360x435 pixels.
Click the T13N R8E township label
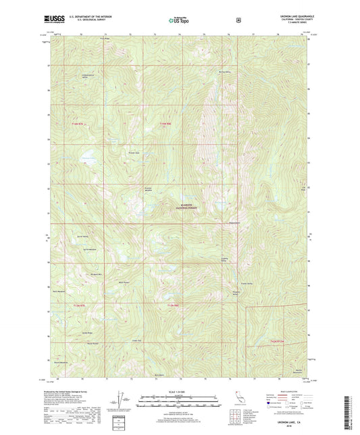[173, 307]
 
